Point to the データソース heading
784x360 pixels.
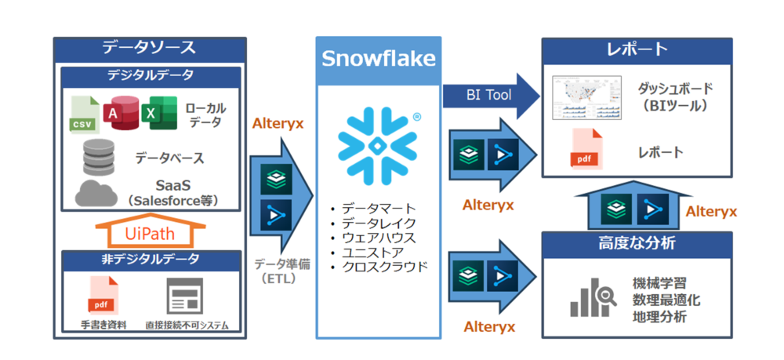click(149, 47)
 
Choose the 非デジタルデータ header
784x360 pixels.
click(149, 260)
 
